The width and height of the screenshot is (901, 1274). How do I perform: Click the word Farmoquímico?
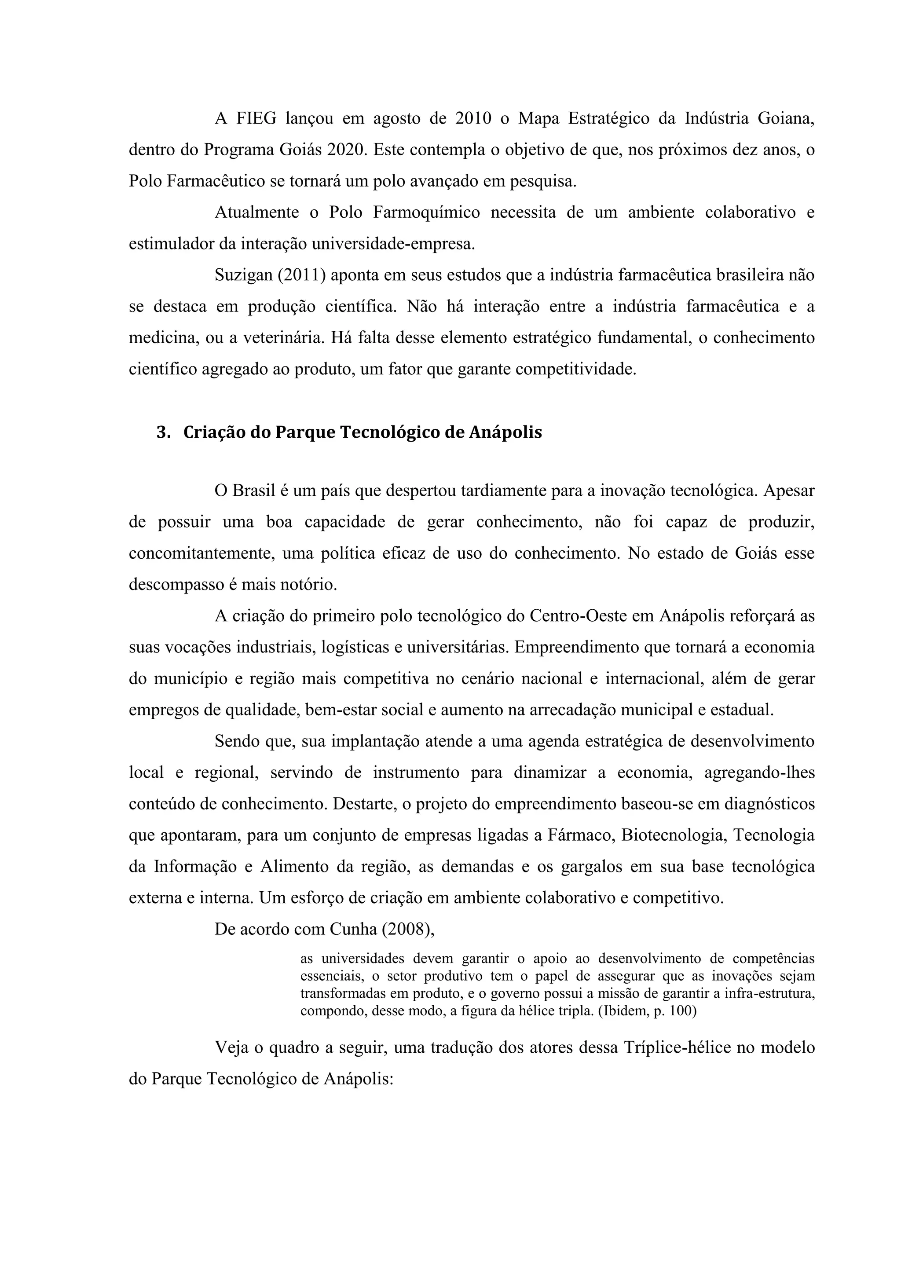(x=426, y=212)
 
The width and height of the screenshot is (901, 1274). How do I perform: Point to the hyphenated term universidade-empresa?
(x=393, y=244)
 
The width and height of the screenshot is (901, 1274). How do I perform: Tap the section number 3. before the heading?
(x=163, y=432)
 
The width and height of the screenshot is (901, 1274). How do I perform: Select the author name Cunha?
(x=353, y=930)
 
